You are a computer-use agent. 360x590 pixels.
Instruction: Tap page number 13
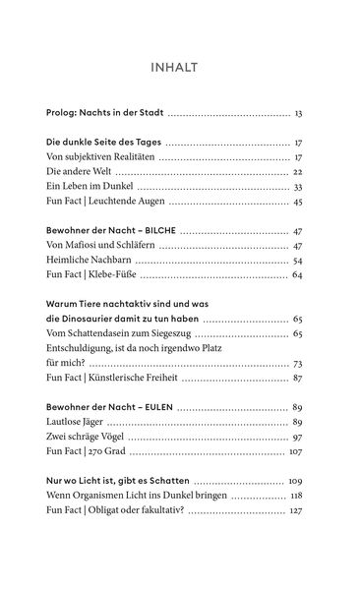298,114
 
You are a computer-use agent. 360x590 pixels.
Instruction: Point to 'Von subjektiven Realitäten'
100,156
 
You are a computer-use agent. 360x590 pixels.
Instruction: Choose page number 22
297,171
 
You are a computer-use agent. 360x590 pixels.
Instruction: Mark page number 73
297,364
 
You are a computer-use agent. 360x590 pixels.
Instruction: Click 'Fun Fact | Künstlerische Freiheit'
118,379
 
